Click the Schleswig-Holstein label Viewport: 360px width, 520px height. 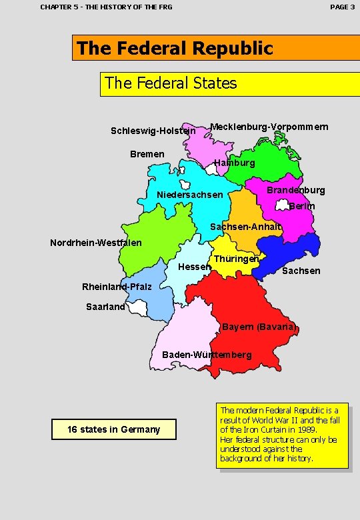(153, 131)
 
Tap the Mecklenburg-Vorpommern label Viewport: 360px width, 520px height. (269, 127)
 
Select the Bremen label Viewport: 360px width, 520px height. (147, 154)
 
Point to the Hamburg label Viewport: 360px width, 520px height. (235, 163)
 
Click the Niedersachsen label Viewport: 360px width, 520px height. (190, 195)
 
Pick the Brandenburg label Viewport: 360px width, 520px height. (296, 190)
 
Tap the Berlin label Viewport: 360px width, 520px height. (302, 206)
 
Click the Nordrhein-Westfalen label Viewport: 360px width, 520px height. (96, 242)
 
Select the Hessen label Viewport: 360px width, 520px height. (195, 267)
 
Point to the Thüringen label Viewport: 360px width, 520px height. (237, 258)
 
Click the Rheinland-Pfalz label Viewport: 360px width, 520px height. (117, 287)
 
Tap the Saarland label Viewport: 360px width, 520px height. (105, 307)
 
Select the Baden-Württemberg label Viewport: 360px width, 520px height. (207, 354)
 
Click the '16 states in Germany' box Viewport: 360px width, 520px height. (114, 429)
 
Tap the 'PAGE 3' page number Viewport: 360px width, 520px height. (343, 7)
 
